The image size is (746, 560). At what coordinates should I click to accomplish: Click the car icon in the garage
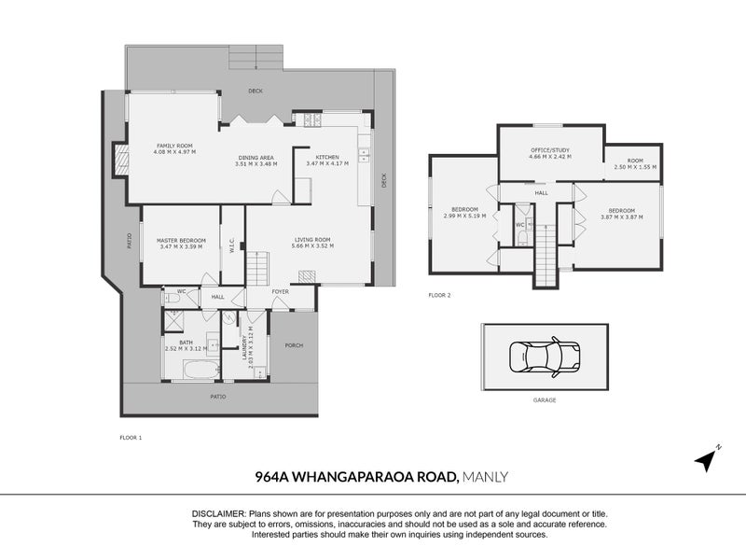click(545, 357)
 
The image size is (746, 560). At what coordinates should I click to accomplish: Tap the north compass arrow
click(708, 459)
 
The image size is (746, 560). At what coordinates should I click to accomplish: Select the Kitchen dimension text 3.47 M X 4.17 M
click(326, 163)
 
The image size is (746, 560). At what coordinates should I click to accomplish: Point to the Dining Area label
click(255, 158)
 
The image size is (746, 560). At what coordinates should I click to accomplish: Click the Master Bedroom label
click(182, 240)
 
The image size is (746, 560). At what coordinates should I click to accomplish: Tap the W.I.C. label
click(231, 246)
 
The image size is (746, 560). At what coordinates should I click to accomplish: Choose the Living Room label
click(312, 240)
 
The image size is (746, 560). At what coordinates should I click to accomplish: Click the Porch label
click(294, 345)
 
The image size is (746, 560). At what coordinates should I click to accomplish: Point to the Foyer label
click(281, 291)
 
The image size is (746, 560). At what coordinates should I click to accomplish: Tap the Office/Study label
click(549, 150)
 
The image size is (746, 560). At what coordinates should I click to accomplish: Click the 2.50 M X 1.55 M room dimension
click(635, 167)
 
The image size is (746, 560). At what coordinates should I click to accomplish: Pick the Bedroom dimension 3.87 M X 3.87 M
click(622, 216)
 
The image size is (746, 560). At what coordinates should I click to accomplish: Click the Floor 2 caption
click(439, 295)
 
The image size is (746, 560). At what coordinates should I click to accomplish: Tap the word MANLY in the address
click(486, 478)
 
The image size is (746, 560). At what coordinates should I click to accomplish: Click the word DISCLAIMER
click(218, 514)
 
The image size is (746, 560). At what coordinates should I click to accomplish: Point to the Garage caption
click(544, 399)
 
